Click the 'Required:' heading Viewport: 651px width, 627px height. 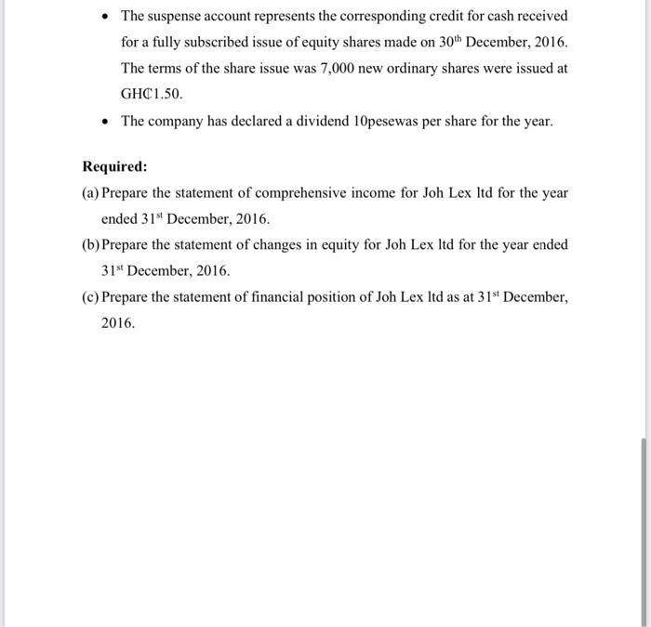pos(114,167)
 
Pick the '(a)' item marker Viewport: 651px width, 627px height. pos(91,193)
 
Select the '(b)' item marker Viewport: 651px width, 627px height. pos(91,244)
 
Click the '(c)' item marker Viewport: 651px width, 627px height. pos(91,296)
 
